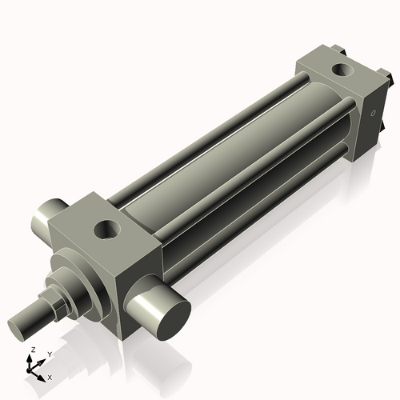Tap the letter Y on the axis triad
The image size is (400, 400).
pyautogui.click(x=50, y=354)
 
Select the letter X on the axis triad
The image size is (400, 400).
pyautogui.click(x=50, y=376)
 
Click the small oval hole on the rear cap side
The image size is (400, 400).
pyautogui.click(x=373, y=114)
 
